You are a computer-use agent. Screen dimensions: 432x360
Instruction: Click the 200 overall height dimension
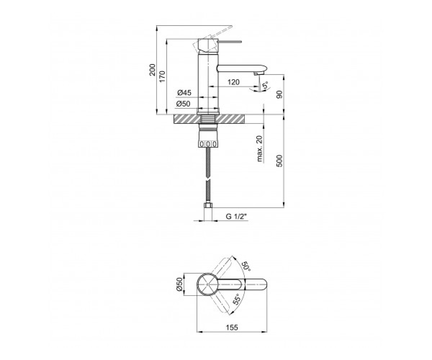152,70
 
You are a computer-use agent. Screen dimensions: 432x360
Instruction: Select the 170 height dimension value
162,76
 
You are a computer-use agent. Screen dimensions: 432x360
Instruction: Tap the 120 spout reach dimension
234,82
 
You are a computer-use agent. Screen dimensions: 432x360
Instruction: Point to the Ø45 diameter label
184,93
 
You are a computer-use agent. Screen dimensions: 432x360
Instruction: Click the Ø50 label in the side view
183,104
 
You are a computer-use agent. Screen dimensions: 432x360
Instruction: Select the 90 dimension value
279,95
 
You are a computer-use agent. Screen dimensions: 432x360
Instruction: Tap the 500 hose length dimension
279,161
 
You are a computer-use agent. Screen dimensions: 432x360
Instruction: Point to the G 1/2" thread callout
237,217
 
